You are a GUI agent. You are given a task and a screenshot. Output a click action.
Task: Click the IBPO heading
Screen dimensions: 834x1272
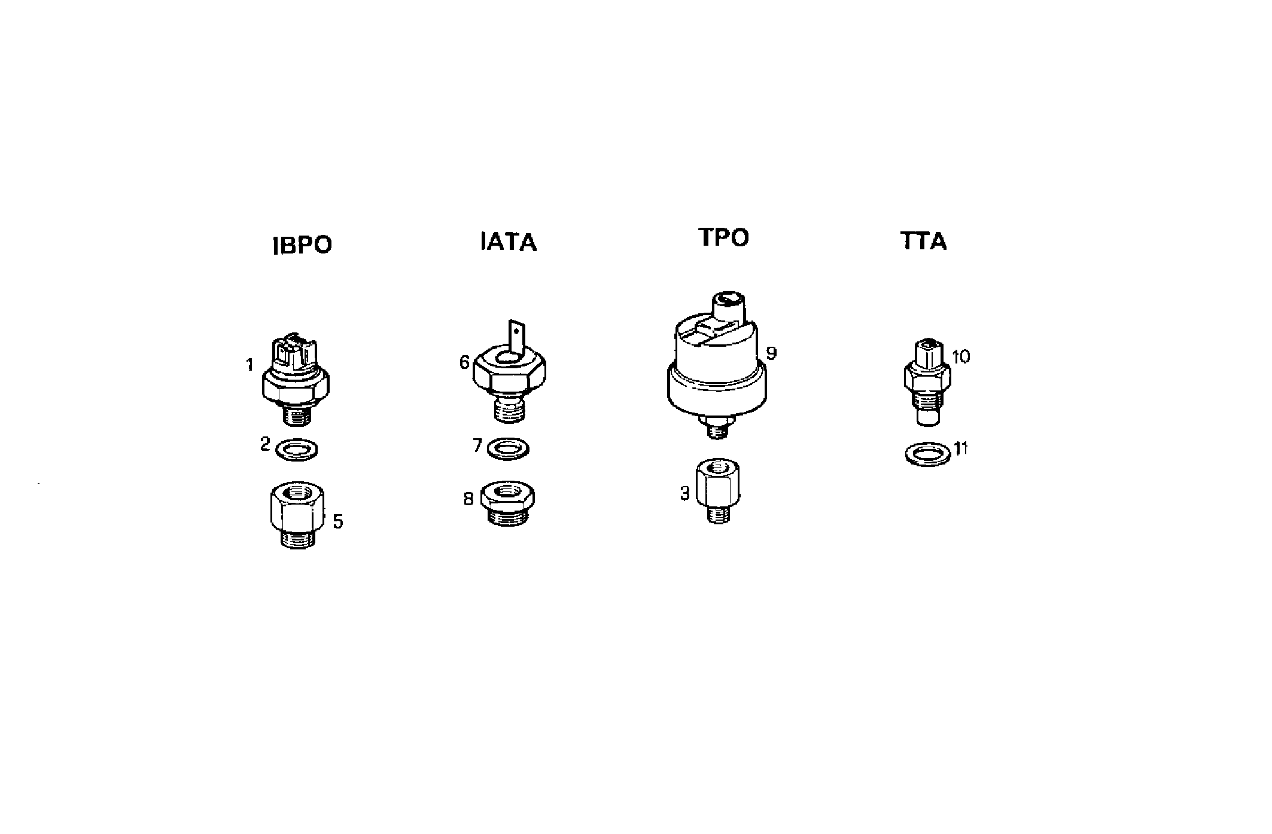point(302,246)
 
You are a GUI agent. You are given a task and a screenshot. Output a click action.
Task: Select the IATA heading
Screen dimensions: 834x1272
point(509,242)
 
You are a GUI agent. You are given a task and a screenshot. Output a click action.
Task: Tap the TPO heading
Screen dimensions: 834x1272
point(724,237)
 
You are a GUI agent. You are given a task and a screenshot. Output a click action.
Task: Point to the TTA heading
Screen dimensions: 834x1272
point(924,241)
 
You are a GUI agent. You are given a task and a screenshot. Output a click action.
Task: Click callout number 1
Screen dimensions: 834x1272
point(250,364)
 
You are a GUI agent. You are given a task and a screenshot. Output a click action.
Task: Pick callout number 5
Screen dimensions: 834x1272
point(338,521)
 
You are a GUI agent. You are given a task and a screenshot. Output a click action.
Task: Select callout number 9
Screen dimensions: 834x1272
point(771,353)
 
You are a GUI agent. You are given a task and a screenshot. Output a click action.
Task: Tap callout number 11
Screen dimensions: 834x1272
point(961,448)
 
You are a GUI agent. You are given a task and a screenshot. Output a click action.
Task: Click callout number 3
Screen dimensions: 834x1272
point(685,493)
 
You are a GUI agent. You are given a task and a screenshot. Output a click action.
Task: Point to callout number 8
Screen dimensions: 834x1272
point(468,498)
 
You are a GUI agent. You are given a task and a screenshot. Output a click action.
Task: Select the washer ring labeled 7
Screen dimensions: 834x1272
point(508,448)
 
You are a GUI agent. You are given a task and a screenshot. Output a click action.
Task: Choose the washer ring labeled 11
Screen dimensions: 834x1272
point(927,454)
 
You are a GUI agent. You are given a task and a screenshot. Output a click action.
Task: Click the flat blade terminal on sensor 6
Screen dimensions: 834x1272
point(516,338)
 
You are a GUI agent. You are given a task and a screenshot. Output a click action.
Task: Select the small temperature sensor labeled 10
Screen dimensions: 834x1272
point(927,383)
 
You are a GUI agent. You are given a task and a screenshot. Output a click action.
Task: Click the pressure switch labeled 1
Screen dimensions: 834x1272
point(296,380)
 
